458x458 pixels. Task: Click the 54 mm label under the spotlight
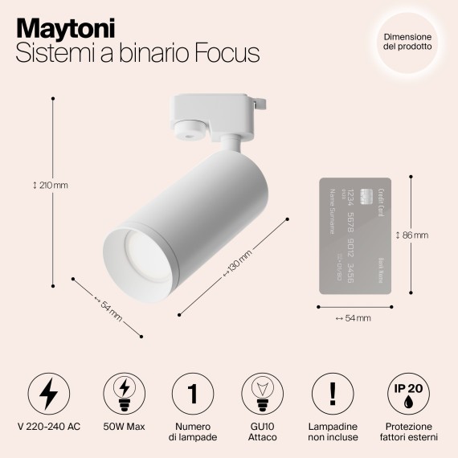[x=108, y=308]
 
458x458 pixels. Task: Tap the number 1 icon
[x=192, y=393]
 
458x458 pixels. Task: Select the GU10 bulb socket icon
[x=263, y=393]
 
